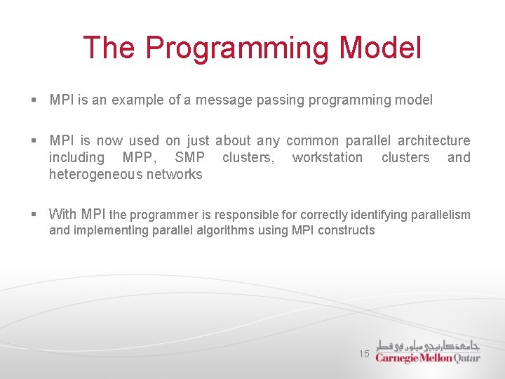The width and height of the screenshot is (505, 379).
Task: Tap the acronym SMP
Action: (x=189, y=157)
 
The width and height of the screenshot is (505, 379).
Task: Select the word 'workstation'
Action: (x=328, y=157)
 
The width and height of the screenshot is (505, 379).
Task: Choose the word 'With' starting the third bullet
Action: (x=63, y=214)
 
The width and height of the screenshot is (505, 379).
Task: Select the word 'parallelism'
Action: (x=439, y=215)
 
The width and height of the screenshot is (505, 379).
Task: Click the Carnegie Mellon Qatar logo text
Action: (x=427, y=358)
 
